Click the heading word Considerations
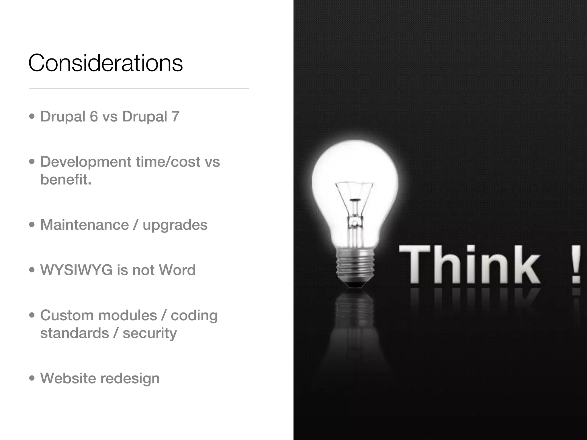coord(105,63)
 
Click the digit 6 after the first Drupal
coord(94,117)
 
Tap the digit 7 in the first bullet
coord(175,117)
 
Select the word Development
coord(86,162)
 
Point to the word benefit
coord(66,180)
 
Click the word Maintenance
coord(85,225)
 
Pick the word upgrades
coord(175,225)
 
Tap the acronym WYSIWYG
coord(76,270)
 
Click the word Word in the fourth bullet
coord(177,270)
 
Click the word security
coord(150,333)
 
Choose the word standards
coord(75,333)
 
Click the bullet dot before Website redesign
coord(32,378)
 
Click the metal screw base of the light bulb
coord(355,265)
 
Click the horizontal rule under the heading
coord(139,89)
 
